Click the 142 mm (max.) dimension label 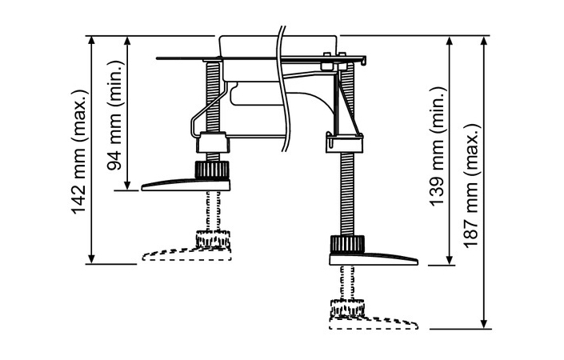(x=78, y=150)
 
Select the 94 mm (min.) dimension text (x=114, y=113)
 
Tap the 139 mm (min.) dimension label (x=438, y=150)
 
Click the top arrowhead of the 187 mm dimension (x=484, y=41)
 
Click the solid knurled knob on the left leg (x=211, y=170)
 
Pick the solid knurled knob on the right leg (x=346, y=244)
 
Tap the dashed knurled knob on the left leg (x=211, y=238)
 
